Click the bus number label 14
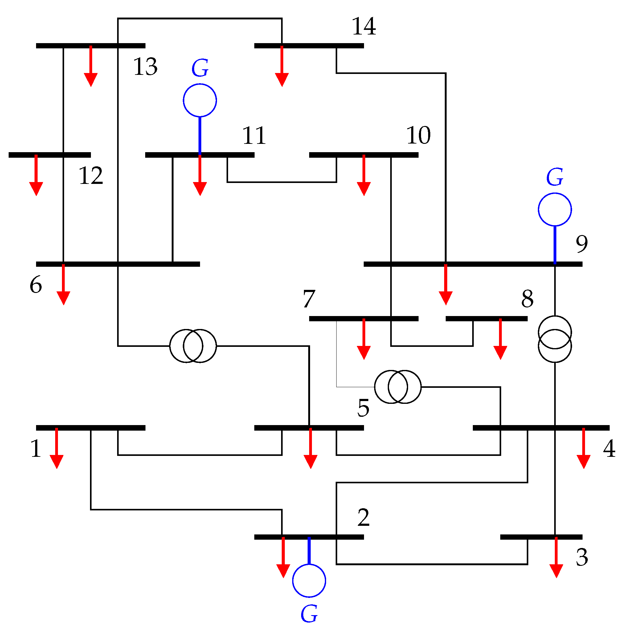[x=364, y=26]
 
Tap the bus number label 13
[x=145, y=67]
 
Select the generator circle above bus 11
[x=200, y=100]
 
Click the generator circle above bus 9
[x=554, y=209]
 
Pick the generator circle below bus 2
[x=309, y=581]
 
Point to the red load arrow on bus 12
[x=36, y=175]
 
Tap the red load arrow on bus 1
[x=57, y=448]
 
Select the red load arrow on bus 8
[x=500, y=339]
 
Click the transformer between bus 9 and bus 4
[x=554, y=339]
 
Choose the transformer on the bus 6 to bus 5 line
[x=193, y=346]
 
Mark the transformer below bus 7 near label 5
[x=398, y=387]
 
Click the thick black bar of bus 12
[x=50, y=155]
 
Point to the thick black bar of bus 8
[x=486, y=319]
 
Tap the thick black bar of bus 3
[x=541, y=537]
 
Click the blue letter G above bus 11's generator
[x=200, y=68]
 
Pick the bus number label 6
[x=36, y=285]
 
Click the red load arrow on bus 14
[x=282, y=66]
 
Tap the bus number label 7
[x=309, y=298]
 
